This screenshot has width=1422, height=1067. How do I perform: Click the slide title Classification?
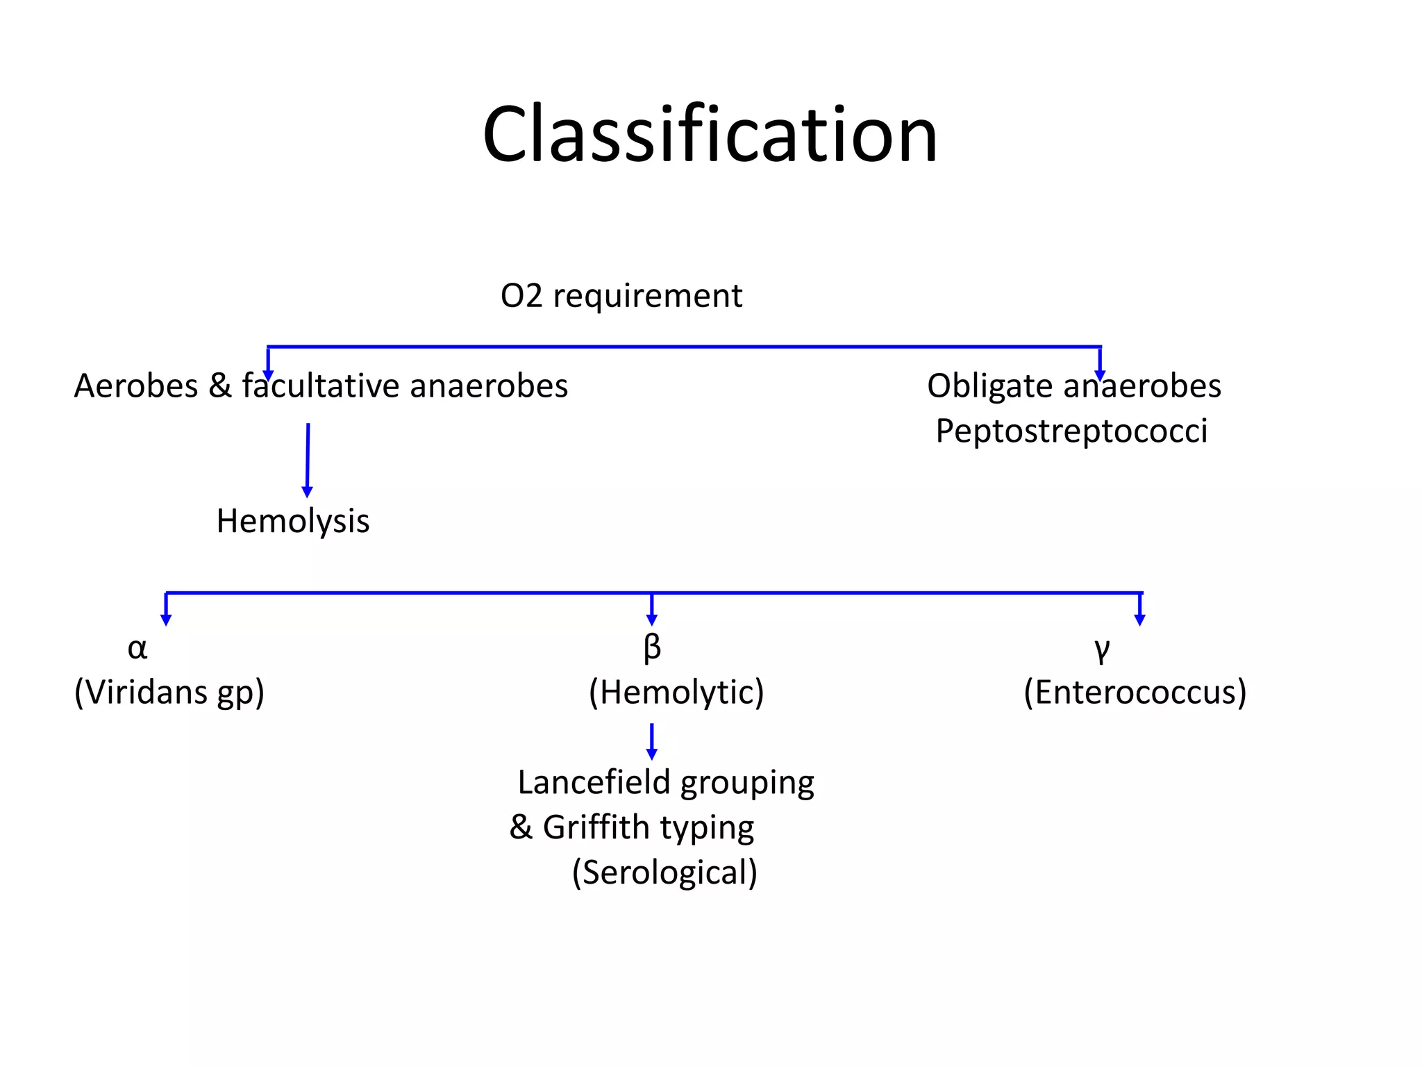click(x=710, y=134)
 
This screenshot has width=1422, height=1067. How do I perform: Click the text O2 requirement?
click(x=621, y=297)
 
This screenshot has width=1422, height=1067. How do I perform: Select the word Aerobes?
click(x=136, y=386)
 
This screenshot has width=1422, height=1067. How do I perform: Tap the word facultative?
click(x=321, y=386)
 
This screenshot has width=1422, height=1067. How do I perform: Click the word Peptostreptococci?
click(x=1071, y=431)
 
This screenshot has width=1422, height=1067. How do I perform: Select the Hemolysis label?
click(x=293, y=521)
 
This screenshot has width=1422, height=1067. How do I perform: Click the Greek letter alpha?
click(x=137, y=649)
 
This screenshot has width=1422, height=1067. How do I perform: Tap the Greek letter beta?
click(x=652, y=649)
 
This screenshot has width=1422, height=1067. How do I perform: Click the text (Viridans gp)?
click(x=169, y=693)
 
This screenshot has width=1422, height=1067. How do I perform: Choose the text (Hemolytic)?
click(x=676, y=693)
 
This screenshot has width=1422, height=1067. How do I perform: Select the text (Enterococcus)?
click(x=1135, y=693)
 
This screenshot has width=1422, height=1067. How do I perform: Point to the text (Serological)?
click(x=664, y=872)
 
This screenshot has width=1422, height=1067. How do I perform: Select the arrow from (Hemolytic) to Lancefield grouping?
click(x=651, y=742)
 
